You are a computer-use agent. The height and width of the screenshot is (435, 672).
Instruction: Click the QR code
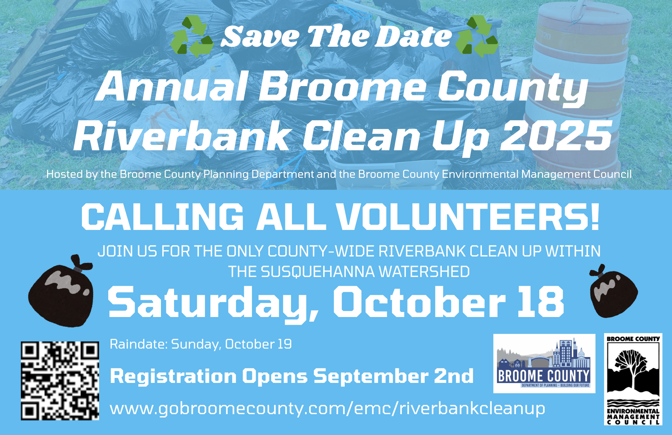click(x=60, y=381)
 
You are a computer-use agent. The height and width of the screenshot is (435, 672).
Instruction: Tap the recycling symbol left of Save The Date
click(x=192, y=36)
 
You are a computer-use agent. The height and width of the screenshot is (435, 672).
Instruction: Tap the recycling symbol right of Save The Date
click(x=476, y=36)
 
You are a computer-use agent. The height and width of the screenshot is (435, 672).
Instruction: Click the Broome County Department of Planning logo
click(x=544, y=363)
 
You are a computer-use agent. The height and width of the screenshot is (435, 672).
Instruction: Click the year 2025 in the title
click(x=556, y=136)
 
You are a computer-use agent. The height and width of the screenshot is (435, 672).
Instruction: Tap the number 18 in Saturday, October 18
click(x=541, y=302)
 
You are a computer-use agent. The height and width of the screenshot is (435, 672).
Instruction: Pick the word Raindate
click(x=139, y=344)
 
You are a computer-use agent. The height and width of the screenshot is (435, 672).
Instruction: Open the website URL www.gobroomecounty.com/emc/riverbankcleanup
click(x=327, y=409)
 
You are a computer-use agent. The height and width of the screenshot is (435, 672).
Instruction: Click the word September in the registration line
click(x=371, y=377)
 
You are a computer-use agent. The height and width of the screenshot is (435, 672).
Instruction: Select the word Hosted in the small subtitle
click(x=65, y=174)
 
